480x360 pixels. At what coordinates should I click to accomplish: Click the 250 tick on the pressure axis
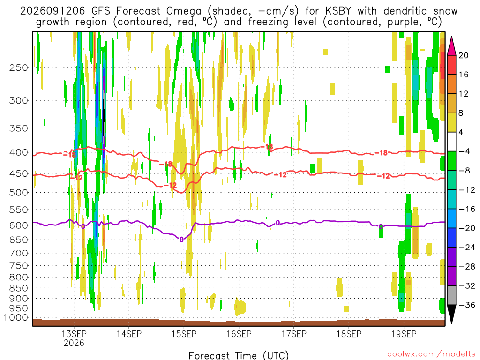[x=19, y=67]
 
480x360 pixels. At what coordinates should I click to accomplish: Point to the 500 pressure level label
[x=19, y=193]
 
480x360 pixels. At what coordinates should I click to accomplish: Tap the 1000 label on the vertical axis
[x=16, y=318]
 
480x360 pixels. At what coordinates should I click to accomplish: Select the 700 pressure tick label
[x=19, y=253]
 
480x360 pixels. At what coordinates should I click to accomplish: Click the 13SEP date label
[x=74, y=334]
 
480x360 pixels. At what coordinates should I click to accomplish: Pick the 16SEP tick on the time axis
[x=239, y=334]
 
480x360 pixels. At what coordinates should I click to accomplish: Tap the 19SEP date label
[x=404, y=334]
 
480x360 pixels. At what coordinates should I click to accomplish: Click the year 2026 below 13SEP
[x=74, y=343]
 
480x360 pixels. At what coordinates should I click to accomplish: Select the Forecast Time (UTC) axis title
[x=239, y=355]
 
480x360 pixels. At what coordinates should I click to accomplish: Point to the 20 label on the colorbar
[x=464, y=55]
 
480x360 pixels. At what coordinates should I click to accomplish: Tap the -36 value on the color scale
[x=467, y=305]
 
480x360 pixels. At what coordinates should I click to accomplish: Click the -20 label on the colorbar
[x=467, y=228]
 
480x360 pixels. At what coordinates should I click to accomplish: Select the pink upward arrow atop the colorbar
[x=451, y=46]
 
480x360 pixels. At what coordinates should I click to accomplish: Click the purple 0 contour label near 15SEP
[x=181, y=240]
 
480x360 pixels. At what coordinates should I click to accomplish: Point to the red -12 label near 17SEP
[x=280, y=175]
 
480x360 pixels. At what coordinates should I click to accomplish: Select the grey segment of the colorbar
[x=451, y=295]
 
